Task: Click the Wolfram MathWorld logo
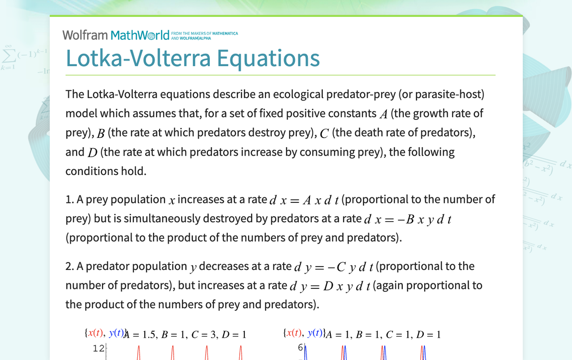click(115, 35)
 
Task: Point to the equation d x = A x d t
click(304, 200)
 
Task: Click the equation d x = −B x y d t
click(407, 219)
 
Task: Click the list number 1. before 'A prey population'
click(70, 200)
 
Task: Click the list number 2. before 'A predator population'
click(70, 267)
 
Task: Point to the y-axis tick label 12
click(98, 349)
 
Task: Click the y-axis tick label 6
click(300, 348)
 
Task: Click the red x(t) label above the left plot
click(96, 334)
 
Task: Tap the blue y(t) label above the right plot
click(315, 334)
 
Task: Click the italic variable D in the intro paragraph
click(92, 153)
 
